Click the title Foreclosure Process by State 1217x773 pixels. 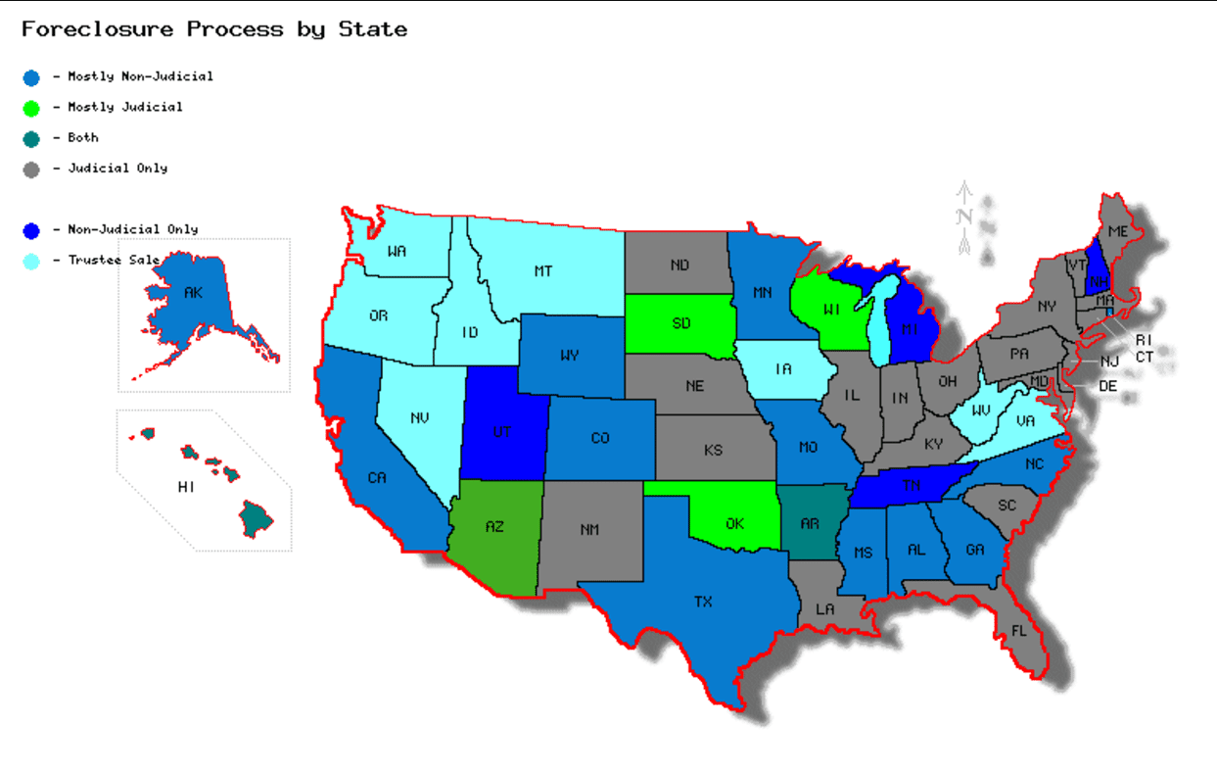(214, 29)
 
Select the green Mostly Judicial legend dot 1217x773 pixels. (31, 108)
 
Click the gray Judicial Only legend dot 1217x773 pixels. (31, 169)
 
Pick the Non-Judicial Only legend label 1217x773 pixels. (132, 229)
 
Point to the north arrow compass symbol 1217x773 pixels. (964, 218)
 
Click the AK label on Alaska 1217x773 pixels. (192, 292)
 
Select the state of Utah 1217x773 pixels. (501, 431)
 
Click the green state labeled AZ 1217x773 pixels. (494, 527)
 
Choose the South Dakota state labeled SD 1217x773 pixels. (681, 323)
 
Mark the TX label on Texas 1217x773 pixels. (703, 602)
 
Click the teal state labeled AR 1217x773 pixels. (810, 523)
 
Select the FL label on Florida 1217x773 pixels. (1018, 631)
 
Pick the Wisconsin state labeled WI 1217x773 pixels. (832, 311)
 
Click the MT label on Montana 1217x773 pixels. (543, 271)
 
